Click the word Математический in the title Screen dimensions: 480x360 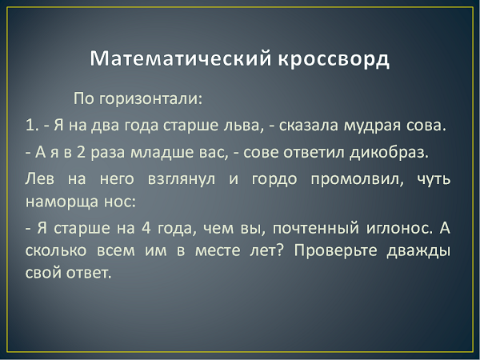[x=181, y=58]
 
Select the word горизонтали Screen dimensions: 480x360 [x=150, y=99]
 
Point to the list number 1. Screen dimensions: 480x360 [x=31, y=126]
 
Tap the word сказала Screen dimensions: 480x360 [x=308, y=126]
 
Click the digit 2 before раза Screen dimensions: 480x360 [x=81, y=152]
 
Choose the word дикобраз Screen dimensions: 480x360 [x=389, y=153]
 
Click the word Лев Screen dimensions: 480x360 [x=39, y=178]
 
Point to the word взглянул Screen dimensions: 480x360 [x=182, y=180]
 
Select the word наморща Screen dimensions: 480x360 [x=62, y=202]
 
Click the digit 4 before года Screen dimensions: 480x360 [x=146, y=228]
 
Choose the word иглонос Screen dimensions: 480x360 [x=400, y=228]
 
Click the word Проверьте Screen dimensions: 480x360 [x=335, y=251]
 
